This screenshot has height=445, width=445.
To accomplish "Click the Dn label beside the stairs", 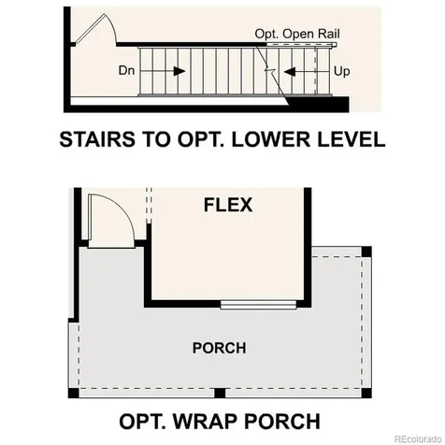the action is pos(126,70).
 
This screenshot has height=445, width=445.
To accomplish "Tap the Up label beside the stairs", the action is pos(342,71).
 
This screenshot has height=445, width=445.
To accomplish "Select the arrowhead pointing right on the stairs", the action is pos(179,71).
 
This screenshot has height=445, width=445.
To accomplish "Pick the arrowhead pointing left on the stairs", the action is pos(290,72).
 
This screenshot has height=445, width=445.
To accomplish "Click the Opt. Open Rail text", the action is pos(297,34).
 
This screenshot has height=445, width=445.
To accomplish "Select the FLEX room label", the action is pos(228,205).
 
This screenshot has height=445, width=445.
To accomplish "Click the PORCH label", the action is pos(220,348).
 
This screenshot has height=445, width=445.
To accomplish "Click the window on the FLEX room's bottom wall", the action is pos(258,305).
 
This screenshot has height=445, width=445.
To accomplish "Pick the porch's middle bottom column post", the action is pos(220,393).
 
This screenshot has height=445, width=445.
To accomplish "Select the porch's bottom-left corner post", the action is pos(74,393).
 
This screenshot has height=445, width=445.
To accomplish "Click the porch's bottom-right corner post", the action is pos(366,393).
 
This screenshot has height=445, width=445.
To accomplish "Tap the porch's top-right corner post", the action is pos(366,251).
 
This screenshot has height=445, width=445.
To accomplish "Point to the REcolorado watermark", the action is pos(419,439).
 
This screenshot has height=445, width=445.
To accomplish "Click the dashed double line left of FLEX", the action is pos(149,206).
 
